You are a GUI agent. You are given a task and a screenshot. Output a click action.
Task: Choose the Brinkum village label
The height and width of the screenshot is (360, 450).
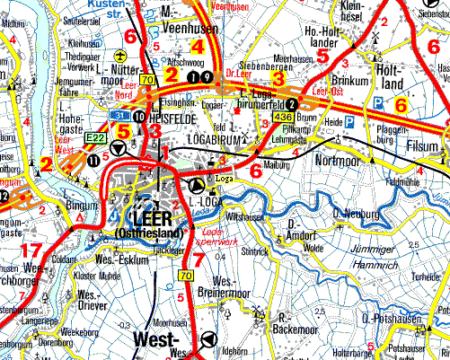click(351, 80)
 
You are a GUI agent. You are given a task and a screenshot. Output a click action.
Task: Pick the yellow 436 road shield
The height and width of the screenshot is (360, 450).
click(284, 117)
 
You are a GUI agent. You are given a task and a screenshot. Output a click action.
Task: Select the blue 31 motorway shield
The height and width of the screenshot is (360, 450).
click(118, 116)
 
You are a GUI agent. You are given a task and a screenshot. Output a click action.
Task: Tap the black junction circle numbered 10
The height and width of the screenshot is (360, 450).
click(138, 117)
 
